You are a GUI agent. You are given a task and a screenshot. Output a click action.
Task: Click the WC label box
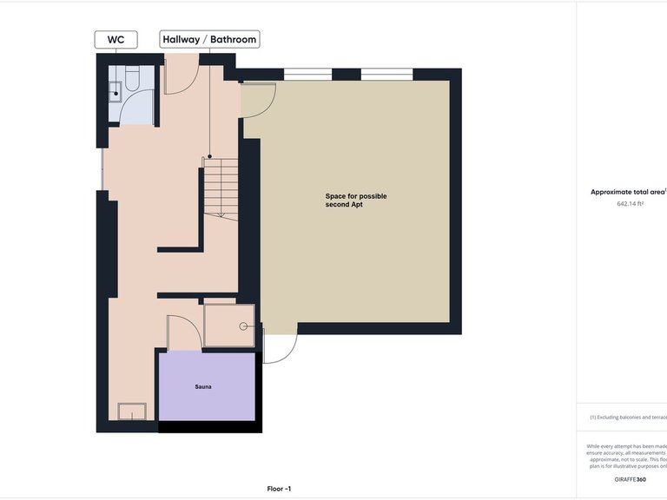click(116, 39)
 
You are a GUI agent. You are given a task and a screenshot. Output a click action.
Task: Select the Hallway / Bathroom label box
click(209, 39)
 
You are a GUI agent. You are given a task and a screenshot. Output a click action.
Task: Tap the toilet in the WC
click(133, 81)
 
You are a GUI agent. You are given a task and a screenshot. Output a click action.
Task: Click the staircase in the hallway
click(221, 187)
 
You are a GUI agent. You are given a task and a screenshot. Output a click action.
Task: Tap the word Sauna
click(203, 386)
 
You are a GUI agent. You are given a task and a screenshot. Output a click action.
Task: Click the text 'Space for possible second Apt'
click(350, 201)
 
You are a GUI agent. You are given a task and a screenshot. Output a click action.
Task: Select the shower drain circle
click(244, 326)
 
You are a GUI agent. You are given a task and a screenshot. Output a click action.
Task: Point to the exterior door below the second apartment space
click(279, 348)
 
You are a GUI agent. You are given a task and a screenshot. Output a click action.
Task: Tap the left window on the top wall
click(307, 75)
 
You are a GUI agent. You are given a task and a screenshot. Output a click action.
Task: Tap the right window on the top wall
click(387, 75)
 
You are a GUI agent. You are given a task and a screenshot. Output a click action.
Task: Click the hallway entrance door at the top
click(182, 76)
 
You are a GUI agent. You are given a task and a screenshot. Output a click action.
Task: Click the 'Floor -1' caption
click(278, 489)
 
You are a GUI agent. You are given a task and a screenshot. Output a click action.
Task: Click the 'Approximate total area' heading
click(627, 192)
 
